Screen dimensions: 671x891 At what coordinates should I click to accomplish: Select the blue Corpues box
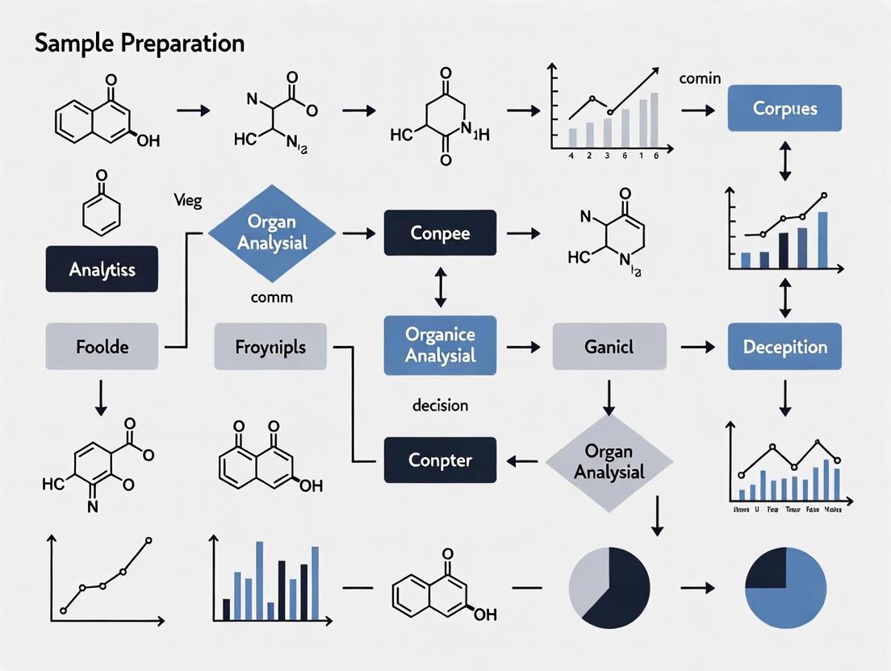pos(784,108)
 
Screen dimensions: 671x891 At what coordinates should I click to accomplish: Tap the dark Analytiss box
pos(102,269)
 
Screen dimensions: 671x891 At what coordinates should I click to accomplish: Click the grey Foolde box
pos(102,348)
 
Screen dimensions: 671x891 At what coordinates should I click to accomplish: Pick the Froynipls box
pos(270,348)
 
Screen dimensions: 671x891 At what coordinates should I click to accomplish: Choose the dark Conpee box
pos(440,233)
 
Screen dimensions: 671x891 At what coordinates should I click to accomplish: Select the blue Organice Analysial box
pos(440,346)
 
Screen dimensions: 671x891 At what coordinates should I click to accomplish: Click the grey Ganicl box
pos(609,348)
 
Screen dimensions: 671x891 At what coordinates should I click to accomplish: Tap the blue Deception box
pos(784,347)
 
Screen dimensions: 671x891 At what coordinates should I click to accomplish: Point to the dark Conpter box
pos(440,461)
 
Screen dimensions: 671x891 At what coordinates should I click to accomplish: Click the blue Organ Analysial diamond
pos(271,232)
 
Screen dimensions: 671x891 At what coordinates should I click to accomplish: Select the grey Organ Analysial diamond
pos(609,461)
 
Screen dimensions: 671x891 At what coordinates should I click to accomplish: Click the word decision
pos(440,405)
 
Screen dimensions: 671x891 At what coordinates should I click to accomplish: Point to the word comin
pos(700,79)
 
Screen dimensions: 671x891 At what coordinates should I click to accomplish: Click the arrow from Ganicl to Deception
pos(697,348)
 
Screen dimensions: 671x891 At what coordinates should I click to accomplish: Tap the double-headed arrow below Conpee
pos(440,288)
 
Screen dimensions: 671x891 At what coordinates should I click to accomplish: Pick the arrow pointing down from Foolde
pos(101,398)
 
